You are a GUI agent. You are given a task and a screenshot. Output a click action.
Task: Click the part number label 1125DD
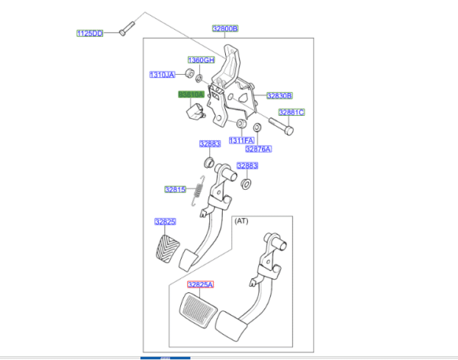coord(89,34)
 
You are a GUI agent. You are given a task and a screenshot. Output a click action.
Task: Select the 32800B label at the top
coord(225,28)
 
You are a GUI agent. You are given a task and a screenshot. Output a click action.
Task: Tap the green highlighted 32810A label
coord(191,94)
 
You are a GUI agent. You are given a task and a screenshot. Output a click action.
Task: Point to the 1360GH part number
coord(202,59)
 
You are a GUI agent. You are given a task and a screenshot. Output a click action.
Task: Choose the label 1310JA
coord(162,75)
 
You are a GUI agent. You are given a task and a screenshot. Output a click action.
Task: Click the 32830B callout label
coord(279,95)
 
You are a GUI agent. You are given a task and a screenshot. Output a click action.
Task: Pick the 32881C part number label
coord(291,112)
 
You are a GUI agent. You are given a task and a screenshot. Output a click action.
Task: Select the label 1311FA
coord(240,140)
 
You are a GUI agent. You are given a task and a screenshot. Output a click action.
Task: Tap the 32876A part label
coord(259,149)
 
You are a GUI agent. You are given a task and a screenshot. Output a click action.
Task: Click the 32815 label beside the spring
coord(176,189)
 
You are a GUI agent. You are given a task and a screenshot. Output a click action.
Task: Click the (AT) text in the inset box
coord(241,220)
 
